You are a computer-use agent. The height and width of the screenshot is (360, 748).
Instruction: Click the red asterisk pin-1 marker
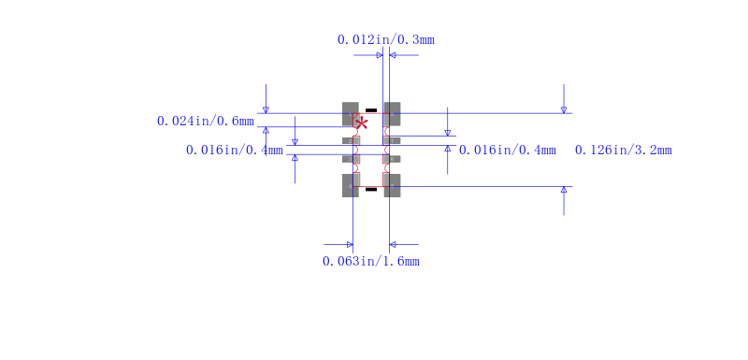362,124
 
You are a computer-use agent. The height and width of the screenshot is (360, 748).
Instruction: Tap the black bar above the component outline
371,110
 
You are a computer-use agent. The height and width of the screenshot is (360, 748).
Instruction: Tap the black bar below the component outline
371,189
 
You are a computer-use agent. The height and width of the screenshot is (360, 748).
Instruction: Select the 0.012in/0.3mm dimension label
386,39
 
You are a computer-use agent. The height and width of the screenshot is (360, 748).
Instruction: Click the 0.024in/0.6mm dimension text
206,122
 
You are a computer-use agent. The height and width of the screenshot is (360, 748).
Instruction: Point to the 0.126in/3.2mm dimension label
624,151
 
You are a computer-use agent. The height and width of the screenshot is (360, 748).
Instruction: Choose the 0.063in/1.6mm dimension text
371,261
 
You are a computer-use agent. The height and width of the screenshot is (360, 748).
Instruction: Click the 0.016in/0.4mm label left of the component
235,151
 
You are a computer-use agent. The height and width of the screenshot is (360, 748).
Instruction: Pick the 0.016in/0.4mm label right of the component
508,151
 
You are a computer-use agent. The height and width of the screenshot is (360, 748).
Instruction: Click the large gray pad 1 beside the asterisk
351,114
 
